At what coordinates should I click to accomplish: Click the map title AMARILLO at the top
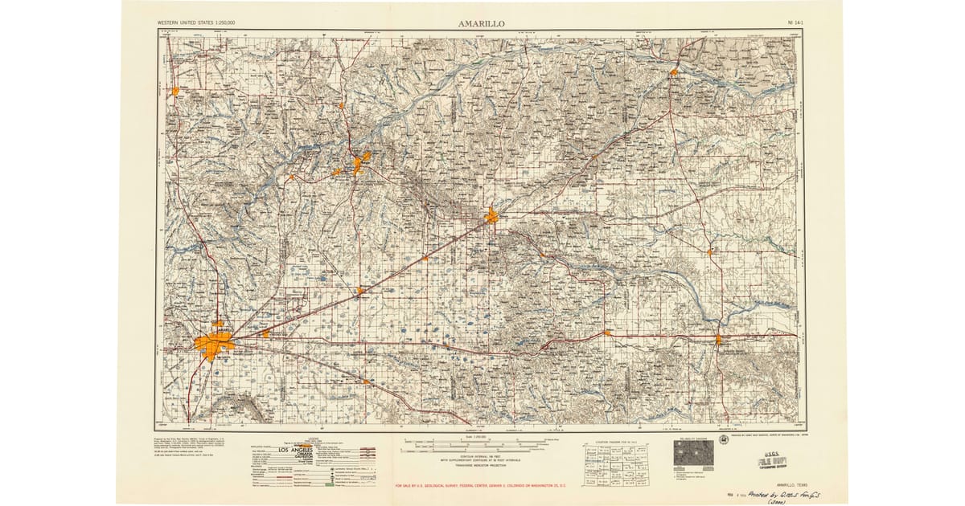(x=482, y=24)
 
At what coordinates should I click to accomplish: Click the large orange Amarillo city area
(x=213, y=345)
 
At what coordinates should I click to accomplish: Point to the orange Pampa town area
(x=491, y=215)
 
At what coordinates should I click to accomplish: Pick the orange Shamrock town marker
(x=718, y=339)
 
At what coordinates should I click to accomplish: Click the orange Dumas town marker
(x=175, y=92)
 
